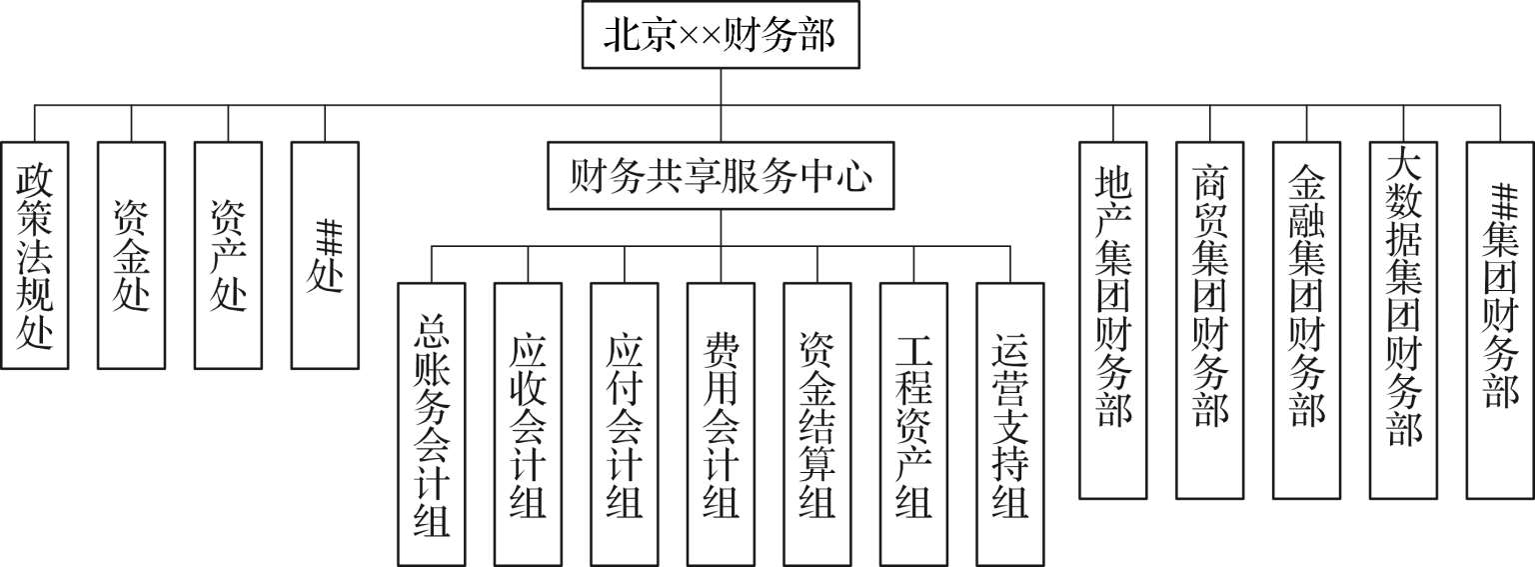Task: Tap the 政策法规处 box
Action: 35,255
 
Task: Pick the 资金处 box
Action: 132,255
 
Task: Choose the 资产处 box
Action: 229,255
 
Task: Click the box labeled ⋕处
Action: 326,255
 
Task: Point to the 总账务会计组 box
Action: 431,424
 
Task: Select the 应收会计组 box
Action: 528,424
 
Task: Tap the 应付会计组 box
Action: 625,424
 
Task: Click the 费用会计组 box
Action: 722,424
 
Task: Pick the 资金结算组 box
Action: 817,424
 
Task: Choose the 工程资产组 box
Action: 914,424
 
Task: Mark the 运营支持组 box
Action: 1011,424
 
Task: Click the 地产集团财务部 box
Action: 1113,320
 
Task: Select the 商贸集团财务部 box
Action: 1210,320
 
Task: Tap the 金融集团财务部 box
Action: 1307,320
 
